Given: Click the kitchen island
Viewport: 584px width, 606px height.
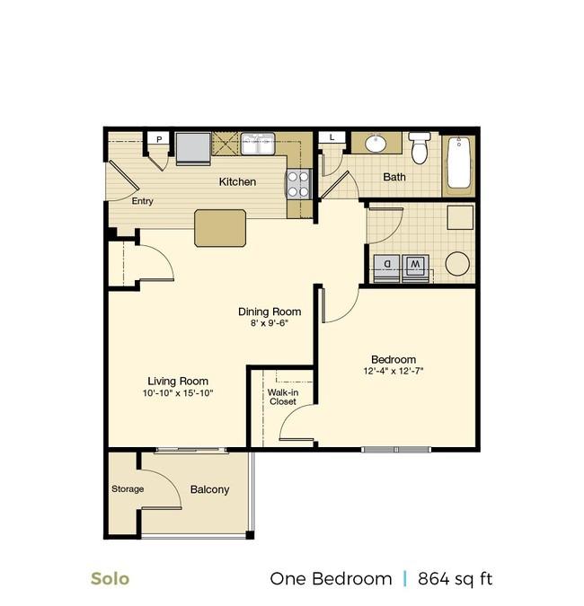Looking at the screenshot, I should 221,227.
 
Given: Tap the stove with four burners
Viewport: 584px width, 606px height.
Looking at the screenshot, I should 298,183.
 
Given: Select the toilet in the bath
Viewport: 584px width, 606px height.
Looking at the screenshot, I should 419,149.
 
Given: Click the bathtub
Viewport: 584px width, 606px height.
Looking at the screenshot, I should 459,162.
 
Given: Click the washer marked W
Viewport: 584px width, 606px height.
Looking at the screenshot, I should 415,265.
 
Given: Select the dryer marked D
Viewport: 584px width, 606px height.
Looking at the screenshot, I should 387,265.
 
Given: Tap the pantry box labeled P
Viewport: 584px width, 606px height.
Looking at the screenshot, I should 159,138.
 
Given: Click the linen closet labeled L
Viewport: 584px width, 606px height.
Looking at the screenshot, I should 332,136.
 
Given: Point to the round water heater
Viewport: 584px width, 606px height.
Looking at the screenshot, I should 457,263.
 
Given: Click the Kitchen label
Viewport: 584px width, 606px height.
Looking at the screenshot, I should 237,182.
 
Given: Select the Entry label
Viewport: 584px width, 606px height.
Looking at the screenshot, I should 142,201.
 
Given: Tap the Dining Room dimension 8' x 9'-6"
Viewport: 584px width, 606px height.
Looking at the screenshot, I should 269,323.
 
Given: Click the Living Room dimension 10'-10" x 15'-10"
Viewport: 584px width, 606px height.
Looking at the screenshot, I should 178,393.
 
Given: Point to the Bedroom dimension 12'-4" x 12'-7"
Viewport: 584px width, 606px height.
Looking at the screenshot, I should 393,371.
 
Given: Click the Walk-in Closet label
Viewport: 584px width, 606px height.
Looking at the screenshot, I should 282,397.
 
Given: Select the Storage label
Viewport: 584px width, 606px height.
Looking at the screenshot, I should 127,489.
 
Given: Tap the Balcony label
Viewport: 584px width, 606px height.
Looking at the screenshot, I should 209,489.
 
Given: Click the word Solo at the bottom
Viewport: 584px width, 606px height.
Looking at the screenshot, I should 110,578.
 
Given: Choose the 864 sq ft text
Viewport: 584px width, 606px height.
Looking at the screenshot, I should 454,578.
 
